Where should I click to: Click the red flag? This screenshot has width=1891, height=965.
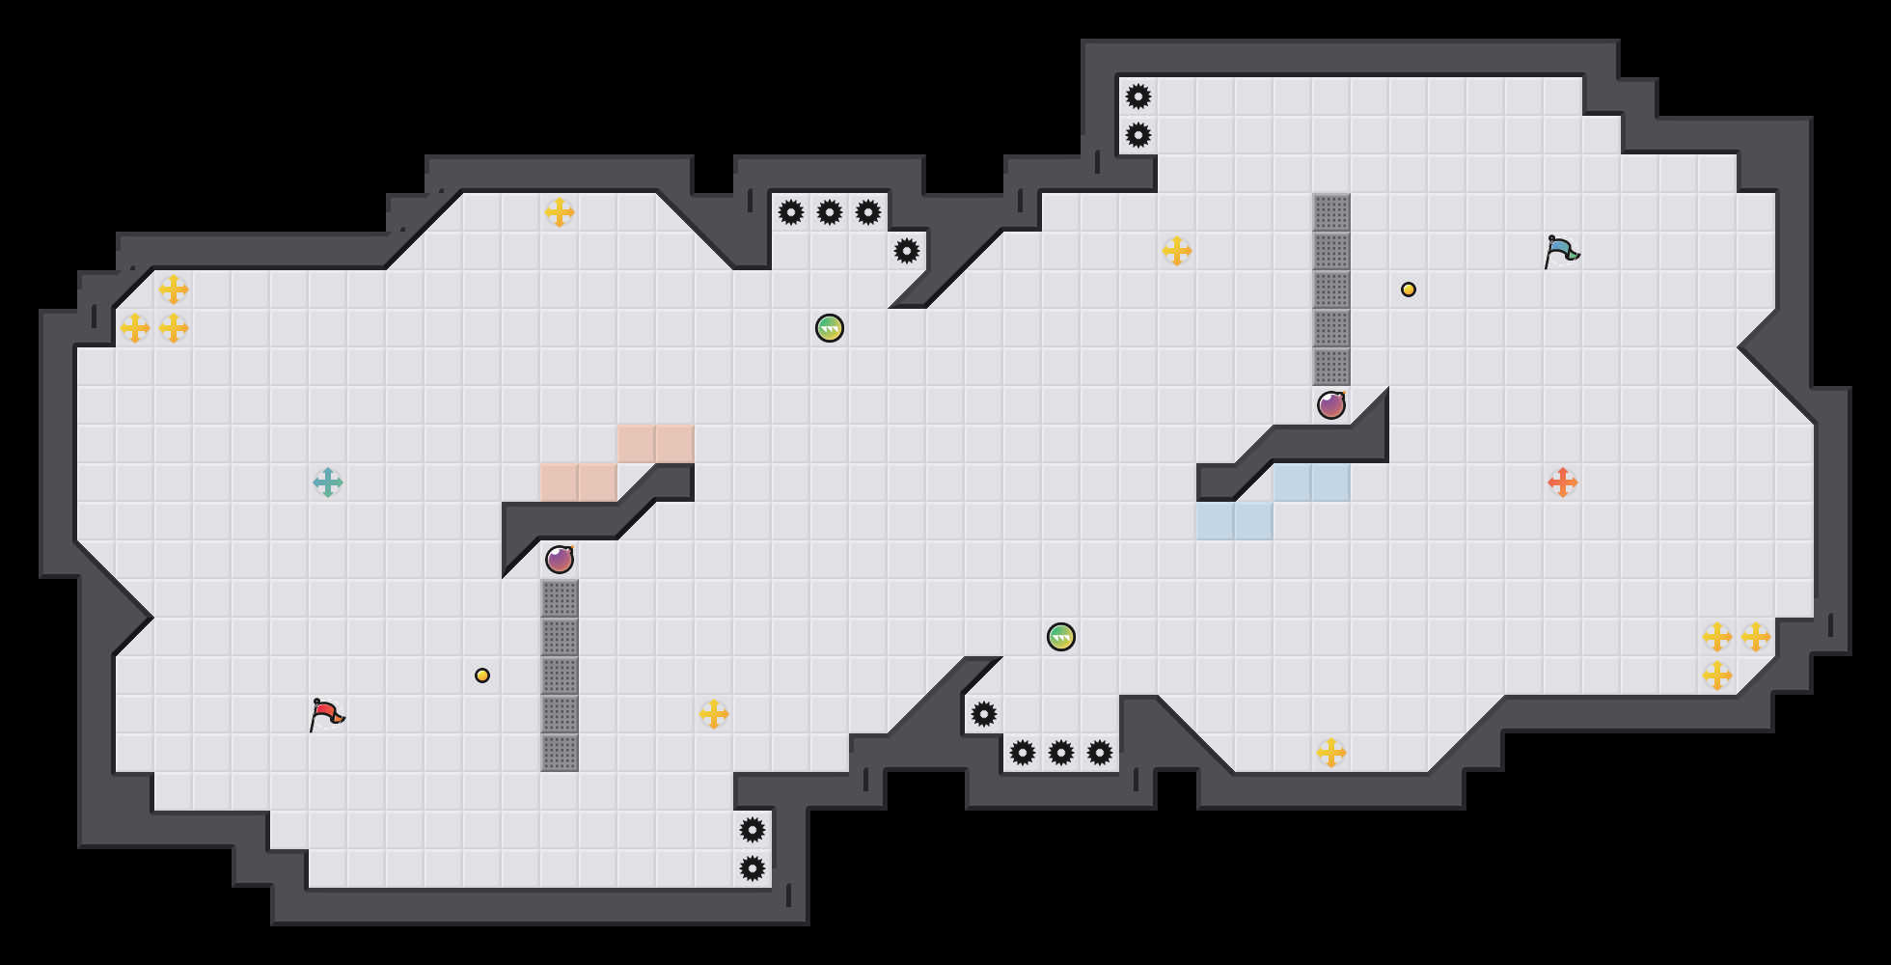326,715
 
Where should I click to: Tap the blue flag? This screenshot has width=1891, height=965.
1561,252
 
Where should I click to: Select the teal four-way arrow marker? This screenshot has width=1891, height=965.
328,482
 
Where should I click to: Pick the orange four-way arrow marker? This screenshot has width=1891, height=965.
1563,482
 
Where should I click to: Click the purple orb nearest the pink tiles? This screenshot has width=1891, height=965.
560,560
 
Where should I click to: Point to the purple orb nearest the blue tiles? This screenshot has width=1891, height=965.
1331,405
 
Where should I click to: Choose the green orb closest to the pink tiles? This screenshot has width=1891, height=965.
830,328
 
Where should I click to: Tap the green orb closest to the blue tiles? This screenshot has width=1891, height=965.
1061,637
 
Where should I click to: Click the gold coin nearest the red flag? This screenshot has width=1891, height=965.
482,675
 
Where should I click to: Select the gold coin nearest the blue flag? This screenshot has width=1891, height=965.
1409,289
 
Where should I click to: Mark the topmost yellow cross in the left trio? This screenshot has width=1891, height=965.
174,289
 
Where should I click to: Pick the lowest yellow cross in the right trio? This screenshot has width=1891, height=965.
1717,675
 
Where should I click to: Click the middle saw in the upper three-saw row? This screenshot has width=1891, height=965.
830,212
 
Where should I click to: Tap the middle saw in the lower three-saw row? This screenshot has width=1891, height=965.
1061,753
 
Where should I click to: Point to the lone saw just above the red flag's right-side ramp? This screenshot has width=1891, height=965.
984,714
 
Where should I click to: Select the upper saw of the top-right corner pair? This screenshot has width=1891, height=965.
1138,96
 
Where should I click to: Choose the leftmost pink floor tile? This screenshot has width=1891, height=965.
560,482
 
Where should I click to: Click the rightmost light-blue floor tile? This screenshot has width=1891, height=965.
1331,482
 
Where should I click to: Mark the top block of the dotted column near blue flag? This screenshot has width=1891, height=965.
1331,212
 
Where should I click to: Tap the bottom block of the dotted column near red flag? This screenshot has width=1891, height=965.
560,753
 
